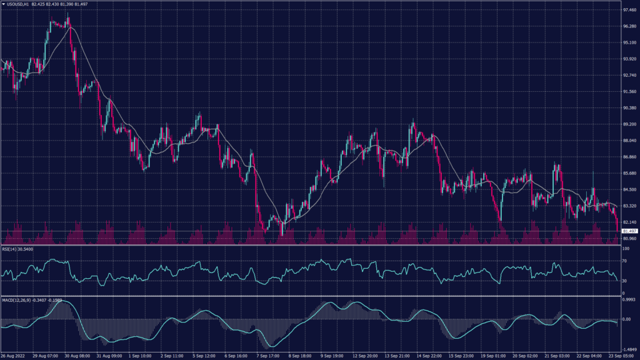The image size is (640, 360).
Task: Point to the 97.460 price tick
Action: click(629, 11)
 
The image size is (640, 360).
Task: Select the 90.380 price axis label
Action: click(629, 108)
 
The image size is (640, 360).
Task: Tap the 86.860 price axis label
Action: click(629, 157)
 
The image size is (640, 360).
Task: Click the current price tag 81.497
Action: click(629, 231)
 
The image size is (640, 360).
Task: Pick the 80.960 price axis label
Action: click(629, 239)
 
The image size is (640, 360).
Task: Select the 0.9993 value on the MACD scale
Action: click(629, 299)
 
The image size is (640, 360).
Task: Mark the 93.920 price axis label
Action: click(629, 59)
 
